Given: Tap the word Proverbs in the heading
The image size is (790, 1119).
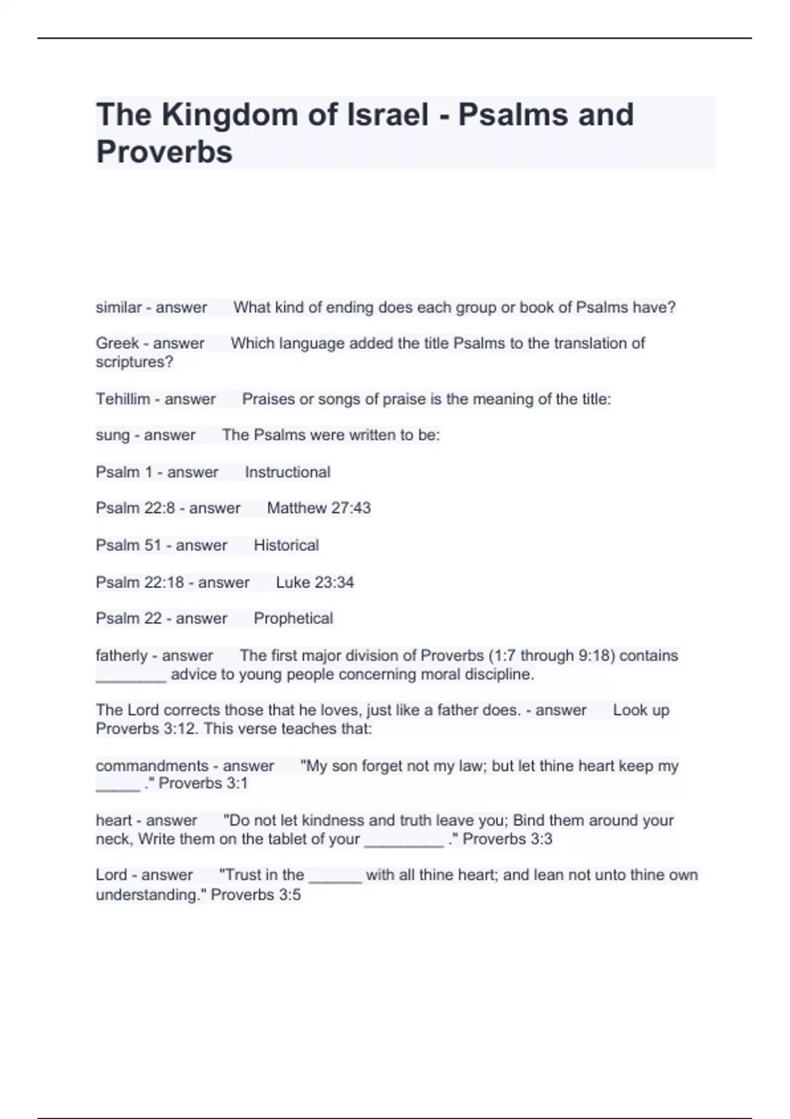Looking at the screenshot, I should [x=164, y=152].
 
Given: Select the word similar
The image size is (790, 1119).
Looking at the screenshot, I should [x=118, y=307].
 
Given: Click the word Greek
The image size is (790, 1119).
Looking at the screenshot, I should [x=117, y=344].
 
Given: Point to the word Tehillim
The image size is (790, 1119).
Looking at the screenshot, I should [x=122, y=399].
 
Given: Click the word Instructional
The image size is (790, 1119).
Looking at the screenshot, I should [x=287, y=472].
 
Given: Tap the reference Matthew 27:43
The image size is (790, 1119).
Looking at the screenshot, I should [x=319, y=508].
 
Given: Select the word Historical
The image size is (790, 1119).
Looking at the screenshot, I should [x=286, y=545].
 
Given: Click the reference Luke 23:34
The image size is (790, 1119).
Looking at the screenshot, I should [x=315, y=582].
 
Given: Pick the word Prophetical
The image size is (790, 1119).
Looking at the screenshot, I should [x=293, y=619].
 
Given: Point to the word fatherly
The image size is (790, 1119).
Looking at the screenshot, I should [x=122, y=656].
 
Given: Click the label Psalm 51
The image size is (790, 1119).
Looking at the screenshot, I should [x=128, y=545].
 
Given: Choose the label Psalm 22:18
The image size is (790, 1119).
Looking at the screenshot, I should [x=140, y=582].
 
